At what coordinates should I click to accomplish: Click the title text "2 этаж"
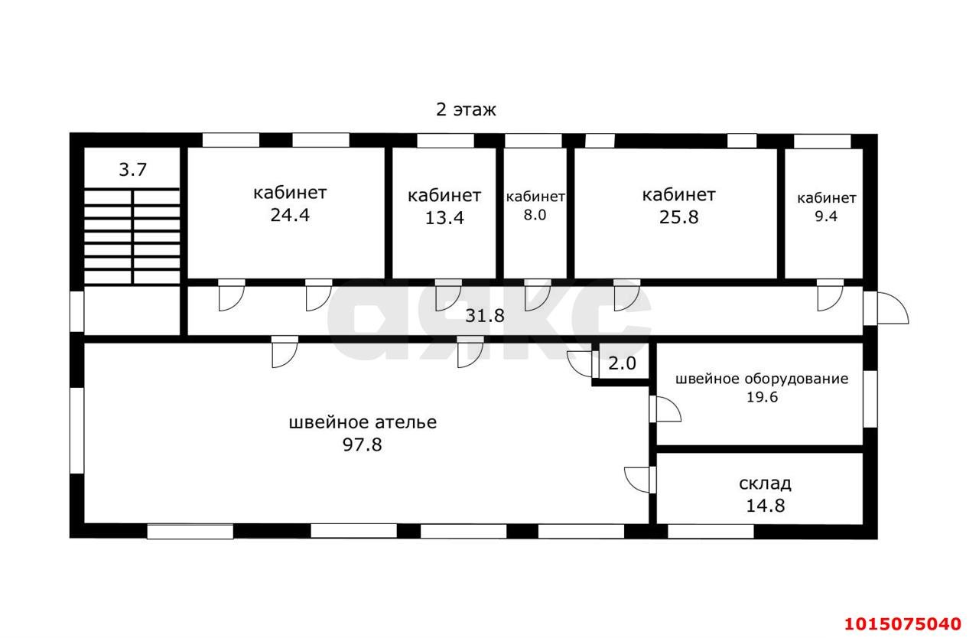pyautogui.click(x=466, y=109)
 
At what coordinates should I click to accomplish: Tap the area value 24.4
pyautogui.click(x=289, y=215)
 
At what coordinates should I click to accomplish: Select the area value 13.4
pyautogui.click(x=444, y=218)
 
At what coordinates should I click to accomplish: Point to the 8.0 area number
pyautogui.click(x=535, y=215)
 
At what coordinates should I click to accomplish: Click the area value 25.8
pyautogui.click(x=678, y=216)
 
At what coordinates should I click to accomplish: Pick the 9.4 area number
pyautogui.click(x=825, y=216)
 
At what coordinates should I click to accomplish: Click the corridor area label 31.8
pyautogui.click(x=485, y=315)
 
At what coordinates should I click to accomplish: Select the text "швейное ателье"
pyautogui.click(x=363, y=422)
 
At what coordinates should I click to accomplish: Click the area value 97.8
pyautogui.click(x=363, y=444)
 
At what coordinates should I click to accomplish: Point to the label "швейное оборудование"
pyautogui.click(x=761, y=379)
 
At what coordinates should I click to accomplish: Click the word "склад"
pyautogui.click(x=765, y=483)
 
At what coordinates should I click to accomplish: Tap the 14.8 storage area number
pyautogui.click(x=765, y=506)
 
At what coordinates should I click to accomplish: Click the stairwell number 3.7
pyautogui.click(x=132, y=170)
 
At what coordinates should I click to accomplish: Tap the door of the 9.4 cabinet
pyautogui.click(x=828, y=297)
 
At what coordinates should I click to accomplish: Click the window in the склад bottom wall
pyautogui.click(x=711, y=531)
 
